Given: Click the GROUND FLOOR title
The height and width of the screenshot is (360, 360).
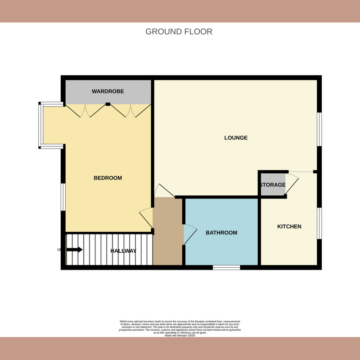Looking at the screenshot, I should click(x=179, y=31).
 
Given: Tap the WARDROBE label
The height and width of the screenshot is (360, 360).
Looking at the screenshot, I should click(x=108, y=91).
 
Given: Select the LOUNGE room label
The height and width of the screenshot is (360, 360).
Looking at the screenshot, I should click(x=236, y=138).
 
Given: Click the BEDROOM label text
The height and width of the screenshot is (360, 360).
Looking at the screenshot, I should click(x=108, y=178).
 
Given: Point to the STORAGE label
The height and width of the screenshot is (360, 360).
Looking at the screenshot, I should click(x=272, y=185).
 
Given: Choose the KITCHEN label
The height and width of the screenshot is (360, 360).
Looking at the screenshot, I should click(x=289, y=226).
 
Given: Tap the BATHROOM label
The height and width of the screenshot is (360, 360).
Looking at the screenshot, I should click(x=221, y=233).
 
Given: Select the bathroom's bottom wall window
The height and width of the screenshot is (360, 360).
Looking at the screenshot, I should click(x=226, y=267).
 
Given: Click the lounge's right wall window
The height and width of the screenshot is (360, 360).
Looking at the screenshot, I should click(x=319, y=129).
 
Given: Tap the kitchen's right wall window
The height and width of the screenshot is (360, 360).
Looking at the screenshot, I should click(x=319, y=223).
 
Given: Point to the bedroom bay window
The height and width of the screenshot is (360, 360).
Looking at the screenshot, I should click(x=40, y=126).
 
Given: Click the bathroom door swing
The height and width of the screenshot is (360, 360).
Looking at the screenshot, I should click(x=190, y=234).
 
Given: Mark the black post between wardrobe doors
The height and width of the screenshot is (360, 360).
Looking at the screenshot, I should click(x=108, y=104).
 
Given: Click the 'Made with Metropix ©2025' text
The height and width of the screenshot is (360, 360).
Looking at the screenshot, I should click(x=180, y=335).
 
